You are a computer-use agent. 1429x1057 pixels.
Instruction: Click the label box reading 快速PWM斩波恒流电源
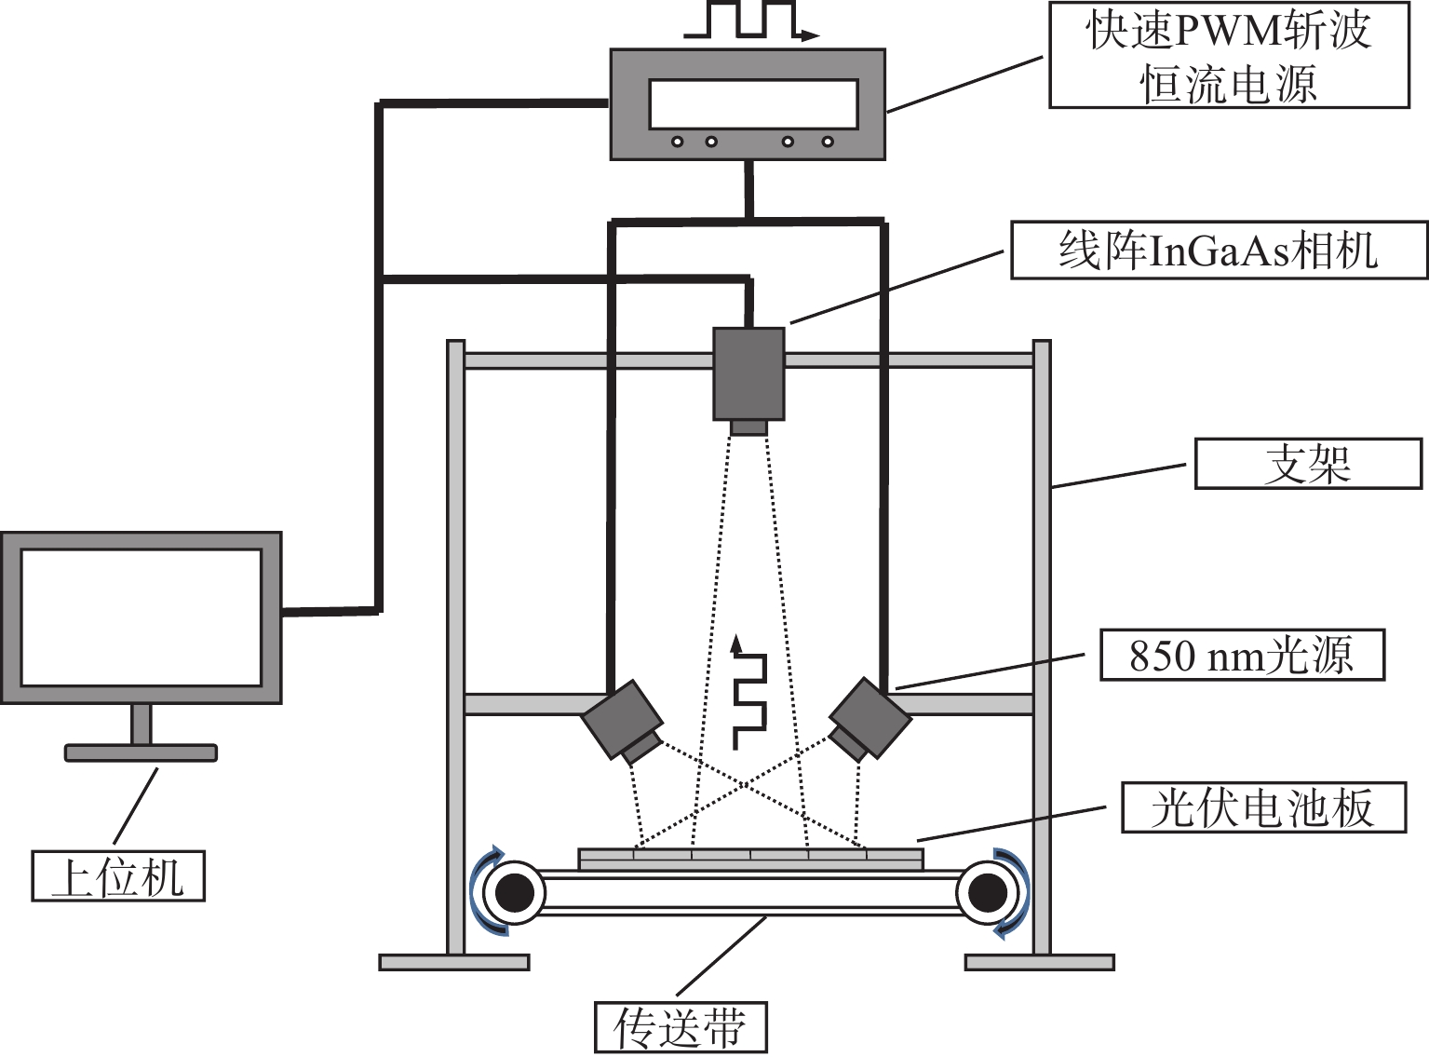1229,55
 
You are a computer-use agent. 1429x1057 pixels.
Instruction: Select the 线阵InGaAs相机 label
1219,251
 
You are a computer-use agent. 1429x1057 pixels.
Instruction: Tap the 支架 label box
1308,464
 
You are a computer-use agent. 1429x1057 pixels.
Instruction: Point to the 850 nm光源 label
1242,655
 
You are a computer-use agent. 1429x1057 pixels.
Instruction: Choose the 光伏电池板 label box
1263,807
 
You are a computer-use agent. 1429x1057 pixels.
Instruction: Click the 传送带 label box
681,1027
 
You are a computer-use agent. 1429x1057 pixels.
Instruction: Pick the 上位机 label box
118,876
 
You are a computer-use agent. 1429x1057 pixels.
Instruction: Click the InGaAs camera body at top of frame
748,373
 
